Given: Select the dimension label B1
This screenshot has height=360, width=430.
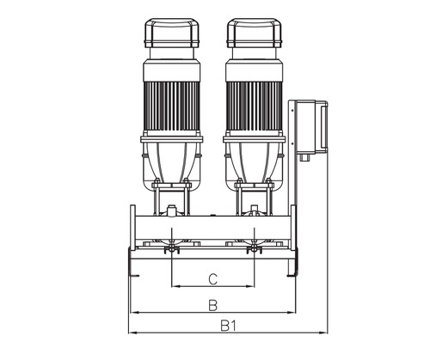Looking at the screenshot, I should point(227,326).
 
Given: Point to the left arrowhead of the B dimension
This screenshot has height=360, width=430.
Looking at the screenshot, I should point(130,311).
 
